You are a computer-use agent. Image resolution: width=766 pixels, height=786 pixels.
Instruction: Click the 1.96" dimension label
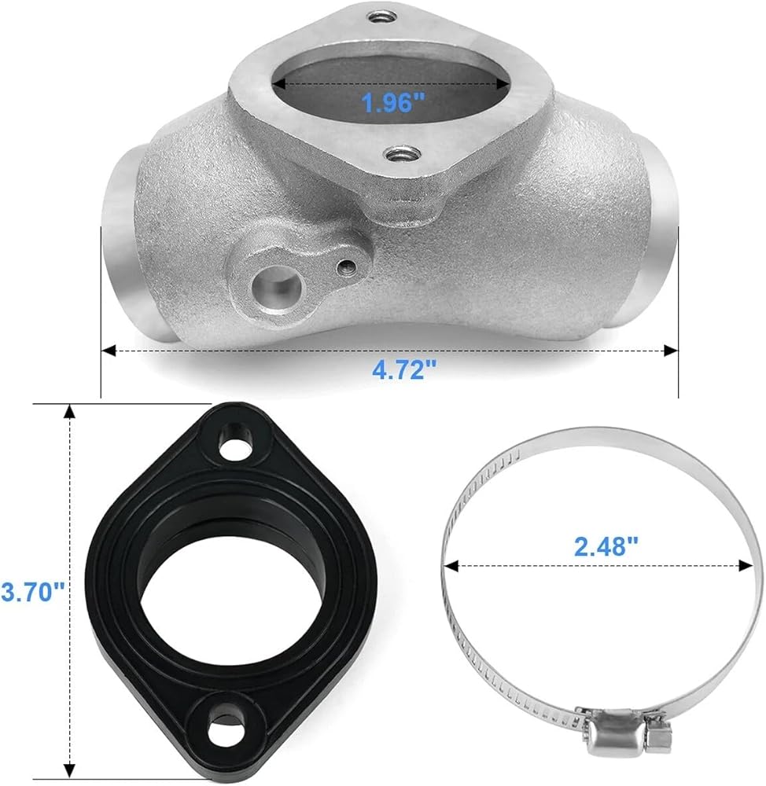(392, 103)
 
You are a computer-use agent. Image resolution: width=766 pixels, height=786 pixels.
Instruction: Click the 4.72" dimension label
(404, 370)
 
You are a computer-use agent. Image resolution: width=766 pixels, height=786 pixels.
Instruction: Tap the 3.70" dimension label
(33, 592)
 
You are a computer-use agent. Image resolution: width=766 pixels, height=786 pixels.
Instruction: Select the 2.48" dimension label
(606, 546)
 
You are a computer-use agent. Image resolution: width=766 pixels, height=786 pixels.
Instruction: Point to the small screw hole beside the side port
(347, 266)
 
